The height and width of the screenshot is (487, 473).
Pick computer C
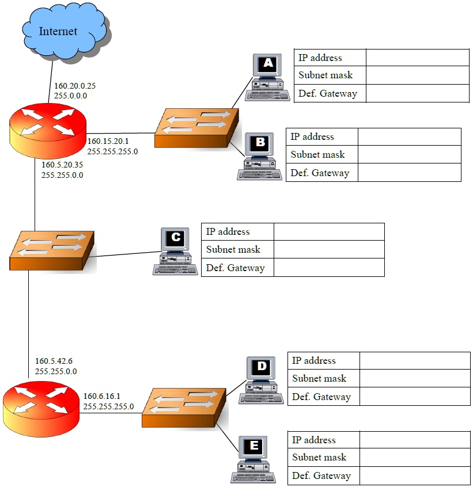(x=174, y=251)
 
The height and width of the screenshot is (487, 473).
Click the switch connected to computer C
(x=52, y=250)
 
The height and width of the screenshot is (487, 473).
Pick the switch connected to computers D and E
(x=184, y=408)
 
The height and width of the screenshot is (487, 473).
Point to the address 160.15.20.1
(x=108, y=141)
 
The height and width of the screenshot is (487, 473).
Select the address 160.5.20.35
(x=62, y=165)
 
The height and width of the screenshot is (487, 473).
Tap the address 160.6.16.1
(x=102, y=396)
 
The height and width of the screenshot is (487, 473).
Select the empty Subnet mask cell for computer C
(x=328, y=250)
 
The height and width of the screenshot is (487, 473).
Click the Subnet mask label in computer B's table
(x=317, y=154)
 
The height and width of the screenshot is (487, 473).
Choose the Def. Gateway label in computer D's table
(x=321, y=397)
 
